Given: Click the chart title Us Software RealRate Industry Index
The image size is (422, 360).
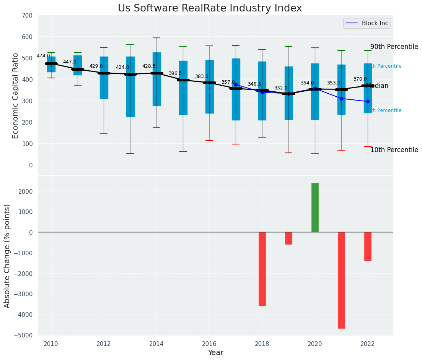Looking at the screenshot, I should point(210,8).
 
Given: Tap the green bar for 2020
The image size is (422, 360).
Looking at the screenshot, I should point(315,208).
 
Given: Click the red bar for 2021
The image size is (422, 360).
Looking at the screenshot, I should point(341,280).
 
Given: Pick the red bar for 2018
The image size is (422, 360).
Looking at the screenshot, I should point(262,269).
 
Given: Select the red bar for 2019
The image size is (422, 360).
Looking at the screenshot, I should point(288,238).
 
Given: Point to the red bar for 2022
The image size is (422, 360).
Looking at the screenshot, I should point(368,246).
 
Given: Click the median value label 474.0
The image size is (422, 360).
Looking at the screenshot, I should point(43,56).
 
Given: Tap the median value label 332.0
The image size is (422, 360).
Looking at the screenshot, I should point(280,88).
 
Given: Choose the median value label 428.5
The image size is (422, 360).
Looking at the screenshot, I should point(149,66).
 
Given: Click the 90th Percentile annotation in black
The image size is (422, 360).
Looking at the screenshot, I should point(394,47).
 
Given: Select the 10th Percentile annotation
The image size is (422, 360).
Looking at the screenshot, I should point(394,150).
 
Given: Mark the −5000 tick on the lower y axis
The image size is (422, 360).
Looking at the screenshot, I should point(25,335).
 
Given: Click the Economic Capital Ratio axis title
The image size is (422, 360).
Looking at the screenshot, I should point(16,96).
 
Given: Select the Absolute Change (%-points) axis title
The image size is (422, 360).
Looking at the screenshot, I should point(7,256).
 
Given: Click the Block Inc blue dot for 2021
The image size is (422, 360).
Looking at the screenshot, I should point(341,99).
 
